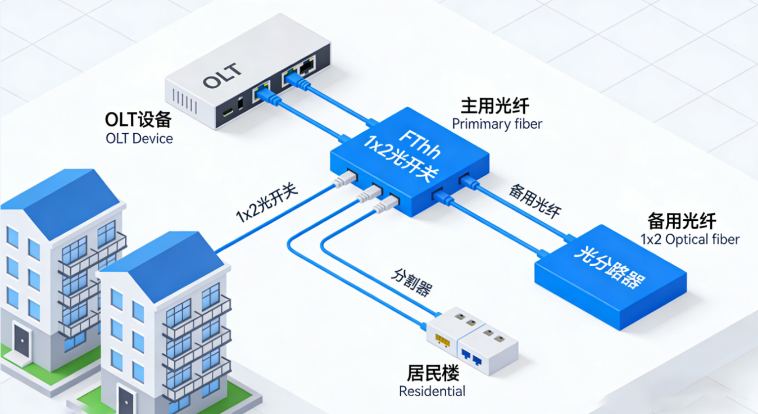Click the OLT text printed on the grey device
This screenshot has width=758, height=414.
click(x=223, y=76)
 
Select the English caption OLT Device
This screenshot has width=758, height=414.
click(x=139, y=138)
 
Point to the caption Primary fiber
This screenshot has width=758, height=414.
click(x=497, y=124)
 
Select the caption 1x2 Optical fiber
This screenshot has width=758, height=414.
click(x=690, y=239)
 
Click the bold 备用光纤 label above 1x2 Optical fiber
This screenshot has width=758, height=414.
click(x=682, y=221)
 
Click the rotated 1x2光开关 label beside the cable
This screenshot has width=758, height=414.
click(x=266, y=204)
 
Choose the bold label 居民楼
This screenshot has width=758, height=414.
click(x=433, y=373)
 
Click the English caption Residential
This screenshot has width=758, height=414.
click(x=432, y=391)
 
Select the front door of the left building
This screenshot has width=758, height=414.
click(x=22, y=341)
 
